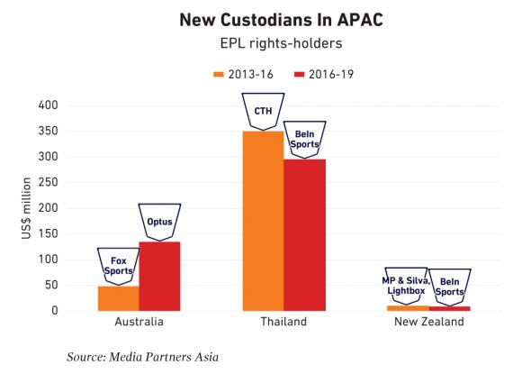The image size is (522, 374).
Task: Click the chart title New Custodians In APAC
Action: point(282,20)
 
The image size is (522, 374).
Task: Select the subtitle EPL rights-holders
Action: point(282,43)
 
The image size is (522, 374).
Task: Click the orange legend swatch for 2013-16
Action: point(219,74)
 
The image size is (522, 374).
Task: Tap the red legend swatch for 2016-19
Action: point(300,74)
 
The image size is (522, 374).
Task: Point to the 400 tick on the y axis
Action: point(49,105)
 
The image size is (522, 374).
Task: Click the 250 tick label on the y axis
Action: point(49,182)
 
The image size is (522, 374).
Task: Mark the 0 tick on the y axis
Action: point(55,311)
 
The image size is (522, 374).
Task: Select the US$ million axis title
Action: point(26,208)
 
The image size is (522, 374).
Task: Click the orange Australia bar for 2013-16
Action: point(119,298)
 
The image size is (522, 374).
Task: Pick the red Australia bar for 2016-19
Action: point(160,277)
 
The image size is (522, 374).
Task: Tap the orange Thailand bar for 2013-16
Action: point(264,221)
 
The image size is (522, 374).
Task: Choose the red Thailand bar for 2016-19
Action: point(304,235)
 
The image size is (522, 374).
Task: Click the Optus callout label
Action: point(160,222)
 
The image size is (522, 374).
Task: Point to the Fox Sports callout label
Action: point(119,266)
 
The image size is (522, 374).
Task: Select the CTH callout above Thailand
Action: point(264,112)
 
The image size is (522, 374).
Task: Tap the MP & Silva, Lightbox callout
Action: point(406,286)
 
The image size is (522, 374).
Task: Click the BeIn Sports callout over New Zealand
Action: point(450,287)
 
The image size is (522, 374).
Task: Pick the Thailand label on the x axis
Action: point(283,322)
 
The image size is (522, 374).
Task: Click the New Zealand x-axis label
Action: point(429,322)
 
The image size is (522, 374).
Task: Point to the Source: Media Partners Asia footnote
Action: point(143,357)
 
